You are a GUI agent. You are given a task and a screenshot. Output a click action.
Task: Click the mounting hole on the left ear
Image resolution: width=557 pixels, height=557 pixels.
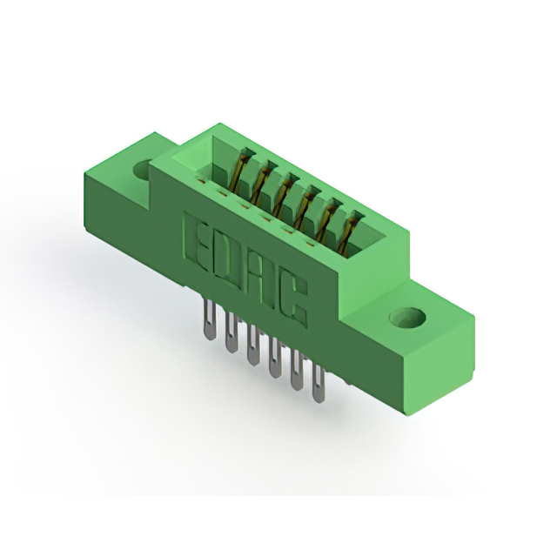point(144,170)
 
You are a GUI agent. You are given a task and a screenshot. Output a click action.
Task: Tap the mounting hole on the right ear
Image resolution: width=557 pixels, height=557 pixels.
point(407,317)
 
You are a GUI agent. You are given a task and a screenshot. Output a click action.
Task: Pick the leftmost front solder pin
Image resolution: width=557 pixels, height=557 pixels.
point(211,319)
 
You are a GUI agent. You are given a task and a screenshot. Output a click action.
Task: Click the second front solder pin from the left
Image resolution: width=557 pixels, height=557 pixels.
point(232,332)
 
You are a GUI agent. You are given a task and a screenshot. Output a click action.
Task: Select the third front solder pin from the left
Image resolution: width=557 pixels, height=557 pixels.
point(253,345)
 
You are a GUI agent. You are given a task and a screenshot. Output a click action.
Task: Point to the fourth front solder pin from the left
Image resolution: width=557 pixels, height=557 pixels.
point(275,357)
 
